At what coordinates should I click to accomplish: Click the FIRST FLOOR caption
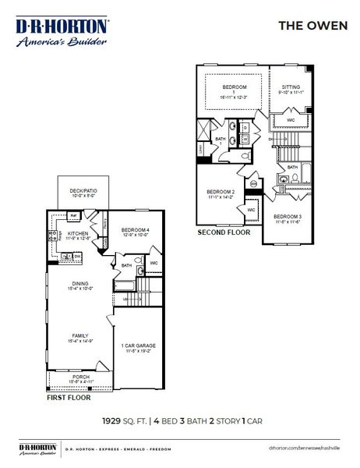tap(69, 398)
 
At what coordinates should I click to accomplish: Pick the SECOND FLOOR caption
tap(223, 232)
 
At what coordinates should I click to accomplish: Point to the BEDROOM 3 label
tap(288, 218)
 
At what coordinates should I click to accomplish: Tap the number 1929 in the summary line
tap(112, 420)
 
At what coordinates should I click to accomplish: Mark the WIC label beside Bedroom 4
tap(154, 263)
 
